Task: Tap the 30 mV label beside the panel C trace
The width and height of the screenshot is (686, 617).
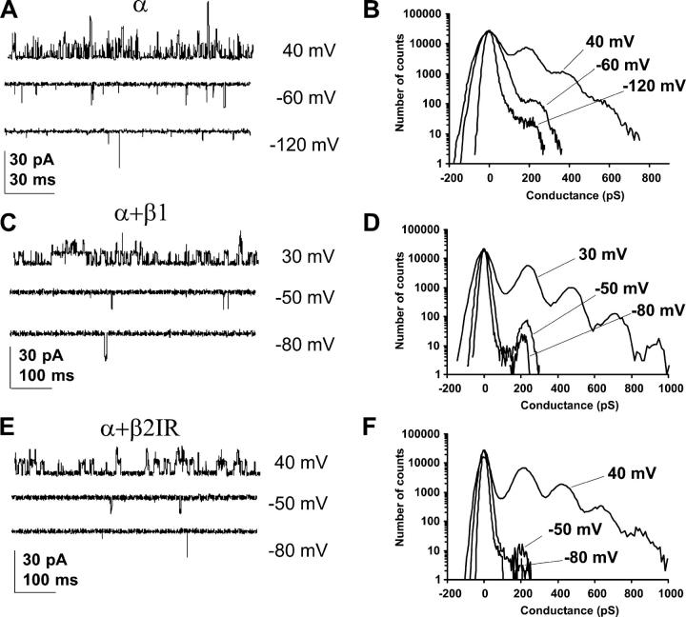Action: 303,257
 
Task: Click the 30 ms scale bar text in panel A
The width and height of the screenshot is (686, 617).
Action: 32,179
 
